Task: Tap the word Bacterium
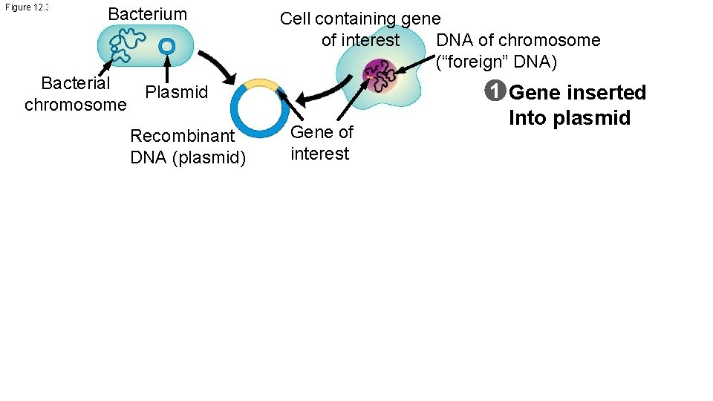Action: coord(148,14)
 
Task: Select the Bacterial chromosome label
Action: coord(75,94)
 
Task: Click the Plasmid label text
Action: coord(177,93)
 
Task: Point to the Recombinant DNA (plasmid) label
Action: coord(187,147)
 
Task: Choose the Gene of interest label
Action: coord(322,143)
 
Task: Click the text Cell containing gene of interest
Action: coord(360,29)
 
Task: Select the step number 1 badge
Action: coord(495,93)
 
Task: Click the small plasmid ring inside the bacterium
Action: coord(167,46)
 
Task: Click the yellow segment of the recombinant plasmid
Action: coord(260,83)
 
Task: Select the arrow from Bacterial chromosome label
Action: coord(107,68)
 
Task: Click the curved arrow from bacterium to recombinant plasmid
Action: coord(219,68)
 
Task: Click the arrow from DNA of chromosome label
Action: coord(416,63)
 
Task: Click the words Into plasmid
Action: coord(570,118)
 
